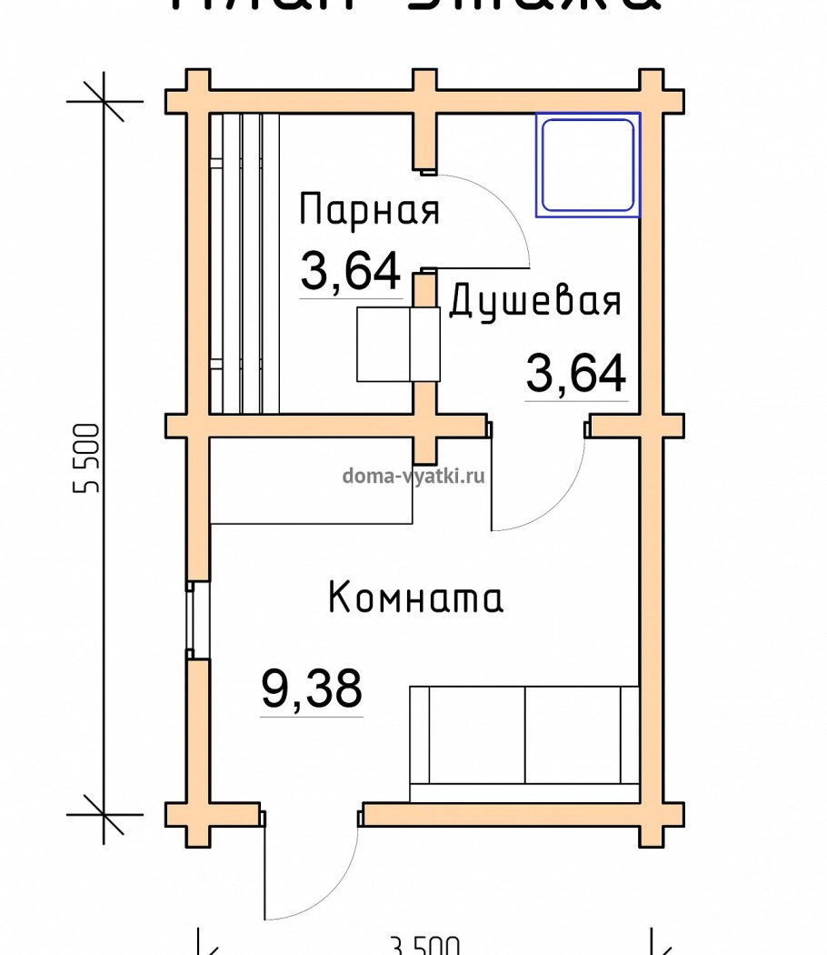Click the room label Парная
(369, 210)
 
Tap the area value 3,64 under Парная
(351, 271)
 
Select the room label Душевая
(536, 301)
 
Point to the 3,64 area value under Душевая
(576, 374)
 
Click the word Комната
(415, 599)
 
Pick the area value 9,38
(312, 689)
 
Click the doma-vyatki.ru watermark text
(413, 475)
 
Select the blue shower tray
(587, 165)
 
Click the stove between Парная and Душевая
(398, 344)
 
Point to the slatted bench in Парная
(244, 264)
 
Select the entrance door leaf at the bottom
(265, 869)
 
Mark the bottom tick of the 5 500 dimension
(104, 813)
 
